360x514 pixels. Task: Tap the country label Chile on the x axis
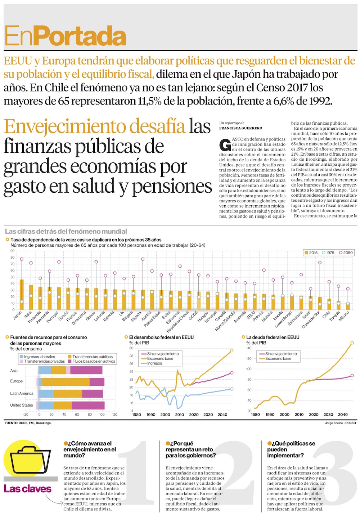coord(326,314)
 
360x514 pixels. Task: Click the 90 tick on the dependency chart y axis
coord(12,251)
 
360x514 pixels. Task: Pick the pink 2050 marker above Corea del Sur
coord(320,263)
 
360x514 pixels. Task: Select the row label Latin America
coord(22,393)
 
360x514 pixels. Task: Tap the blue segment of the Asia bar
coord(45,370)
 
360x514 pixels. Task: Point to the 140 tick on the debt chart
coord(249,348)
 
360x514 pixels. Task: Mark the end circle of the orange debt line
coord(352,343)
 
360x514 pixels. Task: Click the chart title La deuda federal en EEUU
coord(273,338)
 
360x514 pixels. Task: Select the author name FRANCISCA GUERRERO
coord(240,128)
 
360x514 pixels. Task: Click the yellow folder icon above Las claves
coord(29,461)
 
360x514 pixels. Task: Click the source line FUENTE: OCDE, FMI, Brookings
coord(28,423)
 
